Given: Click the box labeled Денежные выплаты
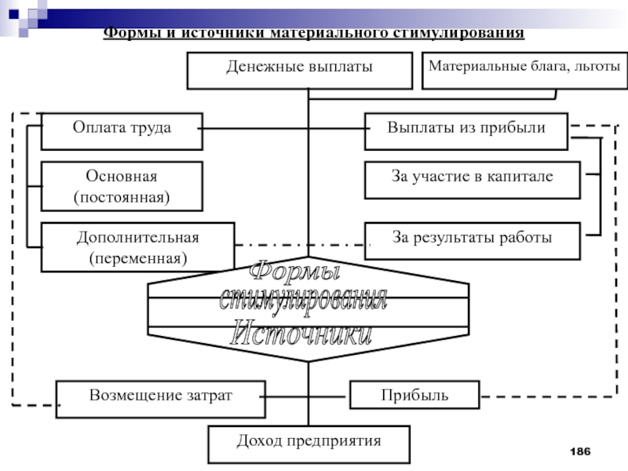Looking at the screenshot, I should click(299, 70).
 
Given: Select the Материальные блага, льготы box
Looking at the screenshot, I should click(524, 69).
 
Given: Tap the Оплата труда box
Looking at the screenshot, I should click(122, 130).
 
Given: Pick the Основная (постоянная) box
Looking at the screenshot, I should click(122, 186).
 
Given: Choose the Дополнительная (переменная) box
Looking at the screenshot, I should click(137, 246).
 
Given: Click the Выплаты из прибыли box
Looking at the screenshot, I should click(466, 130).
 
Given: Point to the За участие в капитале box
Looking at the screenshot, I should click(472, 179).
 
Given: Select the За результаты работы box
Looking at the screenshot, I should click(472, 240).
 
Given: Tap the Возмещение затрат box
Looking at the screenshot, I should click(160, 394).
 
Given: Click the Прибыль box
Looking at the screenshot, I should click(414, 394).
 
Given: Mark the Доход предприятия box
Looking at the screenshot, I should click(309, 444).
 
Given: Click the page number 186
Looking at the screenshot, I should click(580, 451).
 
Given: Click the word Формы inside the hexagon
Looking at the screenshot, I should click(295, 274).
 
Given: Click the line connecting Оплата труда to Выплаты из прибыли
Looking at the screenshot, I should click(283, 129).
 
